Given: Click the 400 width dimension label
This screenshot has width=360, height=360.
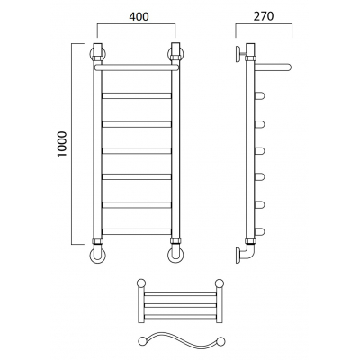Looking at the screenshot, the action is (x=139, y=16).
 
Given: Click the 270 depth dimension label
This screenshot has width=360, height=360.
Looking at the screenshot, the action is (x=264, y=16).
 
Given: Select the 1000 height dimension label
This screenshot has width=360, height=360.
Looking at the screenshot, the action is (x=62, y=144).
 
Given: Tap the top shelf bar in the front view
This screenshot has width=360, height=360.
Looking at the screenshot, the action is (x=138, y=67).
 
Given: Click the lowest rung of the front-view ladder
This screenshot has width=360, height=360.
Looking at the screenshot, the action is (x=137, y=231).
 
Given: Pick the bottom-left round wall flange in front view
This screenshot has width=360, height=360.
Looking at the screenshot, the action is (x=97, y=256).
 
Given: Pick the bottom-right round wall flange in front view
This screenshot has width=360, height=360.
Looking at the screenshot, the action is (x=175, y=256).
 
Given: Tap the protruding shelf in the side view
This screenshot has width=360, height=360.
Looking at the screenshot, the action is (x=273, y=67).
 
